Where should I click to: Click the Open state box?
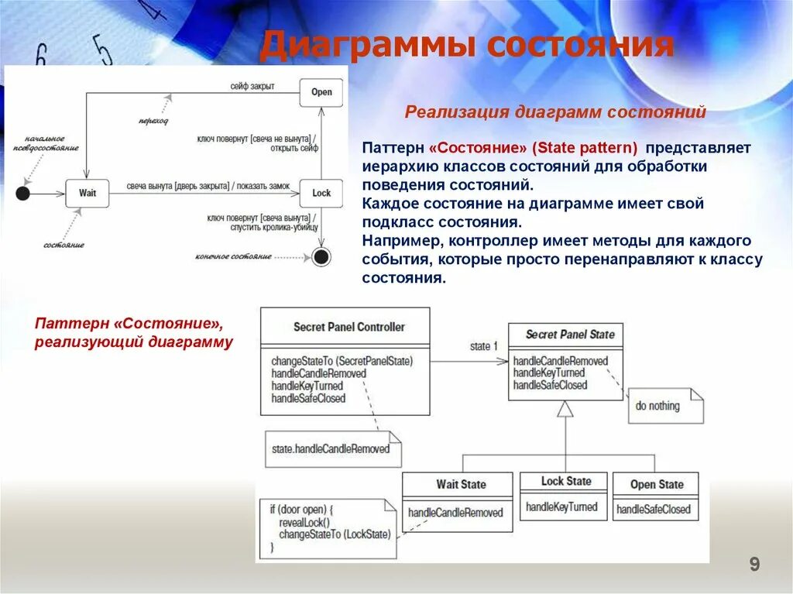point(321,92)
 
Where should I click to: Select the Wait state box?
point(88,193)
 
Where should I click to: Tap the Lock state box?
point(321,193)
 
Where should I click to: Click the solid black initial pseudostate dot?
point(22,194)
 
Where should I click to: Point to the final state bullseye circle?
point(321,256)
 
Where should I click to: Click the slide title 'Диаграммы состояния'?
point(466,46)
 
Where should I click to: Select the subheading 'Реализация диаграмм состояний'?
point(555,112)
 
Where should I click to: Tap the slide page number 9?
point(754,565)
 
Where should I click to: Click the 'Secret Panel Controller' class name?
point(348,327)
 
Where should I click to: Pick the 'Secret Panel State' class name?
point(569,335)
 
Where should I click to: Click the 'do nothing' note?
point(657,406)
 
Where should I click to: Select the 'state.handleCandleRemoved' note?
point(331,448)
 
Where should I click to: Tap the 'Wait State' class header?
point(461,484)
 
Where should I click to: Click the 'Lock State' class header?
point(566,481)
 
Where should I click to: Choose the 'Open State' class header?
point(657,484)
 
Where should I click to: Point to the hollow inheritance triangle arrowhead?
point(565,409)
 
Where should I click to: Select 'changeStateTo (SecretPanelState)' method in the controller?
point(342,361)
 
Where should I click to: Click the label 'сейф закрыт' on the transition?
point(252,85)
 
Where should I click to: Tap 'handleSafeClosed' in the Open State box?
point(654,509)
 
